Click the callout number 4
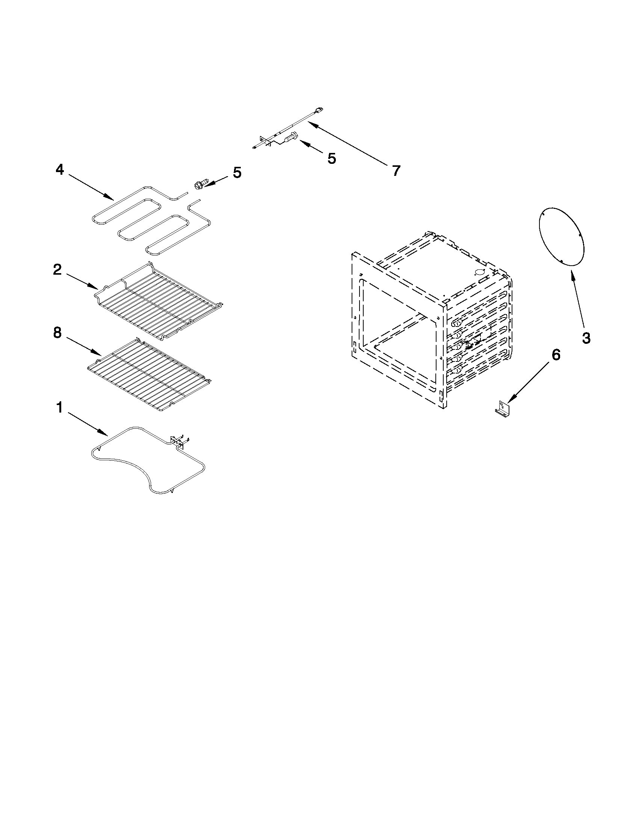pyautogui.click(x=60, y=170)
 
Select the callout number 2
pyautogui.click(x=57, y=270)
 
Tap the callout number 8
pyautogui.click(x=57, y=333)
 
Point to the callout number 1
pyautogui.click(x=59, y=408)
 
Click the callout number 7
pyautogui.click(x=396, y=171)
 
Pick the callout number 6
pyautogui.click(x=555, y=355)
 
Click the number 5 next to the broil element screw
pyautogui.click(x=237, y=173)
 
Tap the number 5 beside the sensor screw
pyautogui.click(x=331, y=159)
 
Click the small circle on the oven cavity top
pyautogui.click(x=479, y=272)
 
